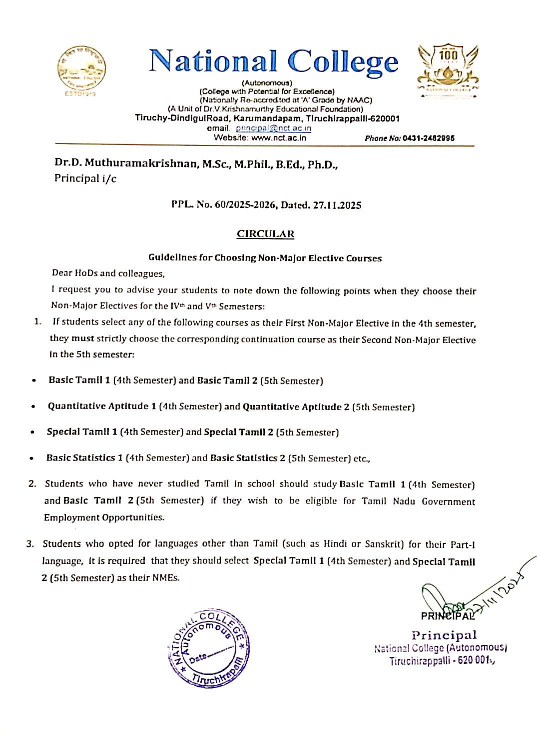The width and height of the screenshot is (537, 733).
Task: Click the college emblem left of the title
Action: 81,69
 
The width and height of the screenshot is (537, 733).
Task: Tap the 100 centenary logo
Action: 448,68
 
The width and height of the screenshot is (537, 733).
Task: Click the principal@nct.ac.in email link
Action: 273,128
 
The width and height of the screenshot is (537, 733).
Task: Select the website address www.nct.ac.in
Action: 279,138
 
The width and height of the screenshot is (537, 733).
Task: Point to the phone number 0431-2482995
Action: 429,138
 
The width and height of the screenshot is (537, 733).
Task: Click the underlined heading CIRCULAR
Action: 265,234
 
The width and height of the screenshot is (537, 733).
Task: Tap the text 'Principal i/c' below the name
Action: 85,178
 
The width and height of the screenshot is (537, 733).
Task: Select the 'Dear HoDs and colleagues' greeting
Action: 108,273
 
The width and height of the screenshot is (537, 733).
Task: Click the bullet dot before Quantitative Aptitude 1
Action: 33,406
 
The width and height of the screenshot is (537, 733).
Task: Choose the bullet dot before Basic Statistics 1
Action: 31,458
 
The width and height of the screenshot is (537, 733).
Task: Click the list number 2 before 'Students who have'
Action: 32,483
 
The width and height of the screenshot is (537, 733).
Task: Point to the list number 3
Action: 30,544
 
